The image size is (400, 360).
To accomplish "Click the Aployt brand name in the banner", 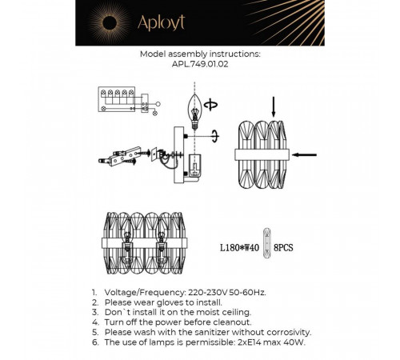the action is (x=161, y=23).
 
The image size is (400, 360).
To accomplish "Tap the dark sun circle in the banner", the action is (x=110, y=23).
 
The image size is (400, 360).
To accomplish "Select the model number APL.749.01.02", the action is (x=200, y=64).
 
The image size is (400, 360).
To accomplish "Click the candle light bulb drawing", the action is (x=194, y=112).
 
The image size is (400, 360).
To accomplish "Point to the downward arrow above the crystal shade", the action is (x=274, y=107).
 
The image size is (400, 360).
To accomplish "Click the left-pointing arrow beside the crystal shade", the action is (x=304, y=154).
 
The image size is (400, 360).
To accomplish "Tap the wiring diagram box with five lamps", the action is (x=117, y=99).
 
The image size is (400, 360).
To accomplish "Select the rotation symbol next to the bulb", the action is (x=210, y=105).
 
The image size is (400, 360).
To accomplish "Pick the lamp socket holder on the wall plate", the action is (x=195, y=166).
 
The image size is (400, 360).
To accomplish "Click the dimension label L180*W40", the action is (x=239, y=248).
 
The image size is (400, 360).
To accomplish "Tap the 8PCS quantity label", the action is (x=283, y=248).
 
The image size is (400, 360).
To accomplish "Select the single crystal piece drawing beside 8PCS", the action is (x=266, y=243).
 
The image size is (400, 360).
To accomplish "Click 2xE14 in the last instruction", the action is (x=250, y=342).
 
